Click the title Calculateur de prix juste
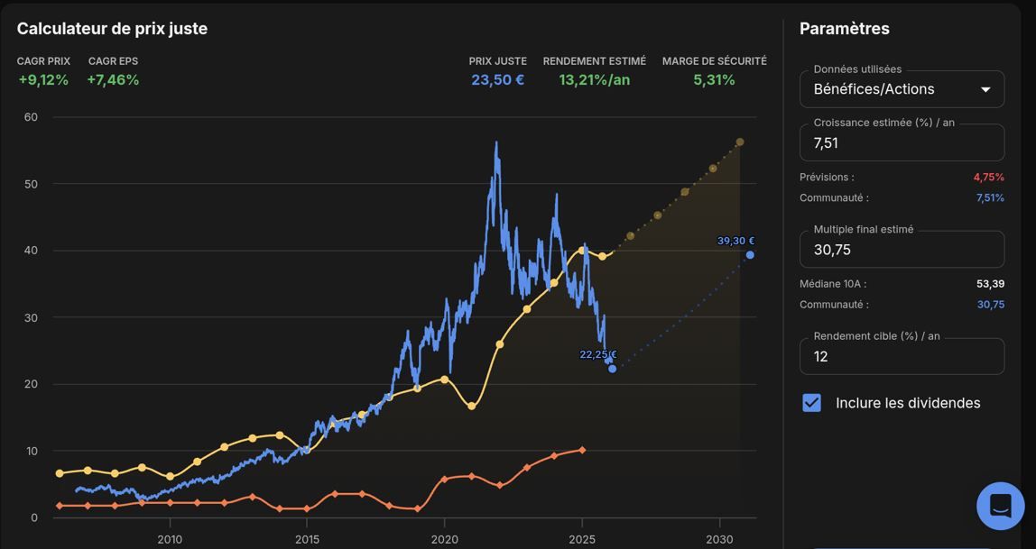click(x=112, y=28)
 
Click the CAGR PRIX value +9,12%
click(x=43, y=80)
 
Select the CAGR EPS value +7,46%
click(x=113, y=80)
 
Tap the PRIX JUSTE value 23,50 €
click(x=498, y=80)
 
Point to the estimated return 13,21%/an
click(x=595, y=80)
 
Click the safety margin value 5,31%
click(x=714, y=80)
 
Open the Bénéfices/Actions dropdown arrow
click(x=985, y=90)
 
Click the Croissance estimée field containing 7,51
click(x=902, y=142)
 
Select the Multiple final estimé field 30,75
click(x=902, y=250)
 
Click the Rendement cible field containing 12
click(x=902, y=356)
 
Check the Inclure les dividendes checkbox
click(x=811, y=403)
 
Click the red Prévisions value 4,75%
click(x=988, y=177)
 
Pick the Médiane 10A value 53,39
click(x=990, y=284)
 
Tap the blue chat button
click(x=1000, y=506)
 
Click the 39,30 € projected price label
click(x=736, y=241)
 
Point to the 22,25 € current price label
click(x=598, y=354)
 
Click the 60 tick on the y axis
click(x=31, y=117)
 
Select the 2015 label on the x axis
click(x=307, y=539)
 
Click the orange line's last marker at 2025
click(x=581, y=450)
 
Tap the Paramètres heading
click(x=845, y=28)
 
